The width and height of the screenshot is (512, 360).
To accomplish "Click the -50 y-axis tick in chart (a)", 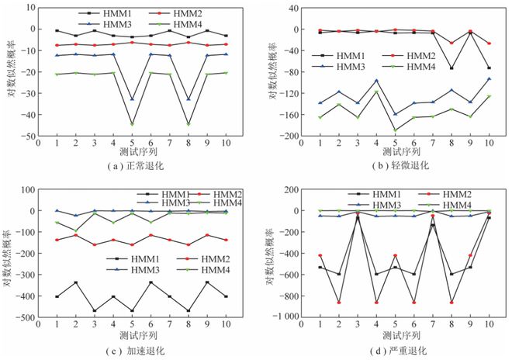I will click(x=32, y=136).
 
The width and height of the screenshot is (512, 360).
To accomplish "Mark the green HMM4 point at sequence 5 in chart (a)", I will click(x=132, y=124).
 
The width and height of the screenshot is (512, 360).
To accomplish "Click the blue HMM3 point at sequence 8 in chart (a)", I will click(x=188, y=99).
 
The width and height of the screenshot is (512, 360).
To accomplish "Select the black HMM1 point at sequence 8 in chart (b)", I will click(x=451, y=68).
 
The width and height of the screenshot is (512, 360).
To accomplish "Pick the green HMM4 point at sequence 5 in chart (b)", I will click(x=395, y=130).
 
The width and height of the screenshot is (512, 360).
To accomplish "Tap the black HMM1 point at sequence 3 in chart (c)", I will click(x=94, y=311).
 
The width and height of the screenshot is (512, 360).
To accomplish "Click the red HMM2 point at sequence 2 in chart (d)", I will click(x=338, y=303).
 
